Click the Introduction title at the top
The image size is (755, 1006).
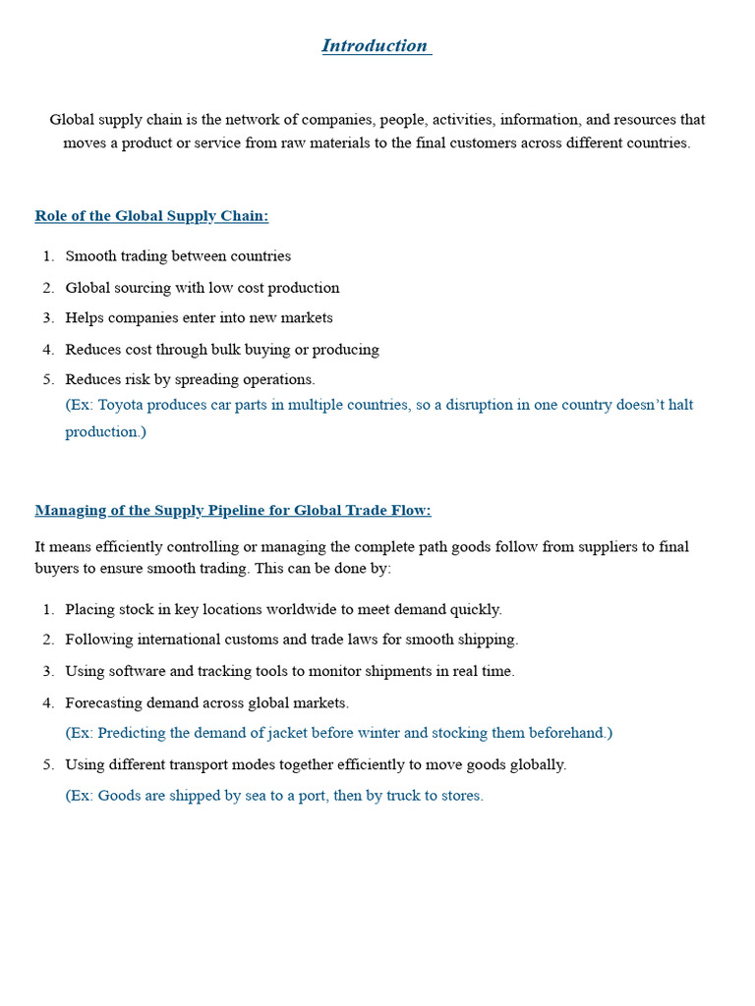tap(376, 46)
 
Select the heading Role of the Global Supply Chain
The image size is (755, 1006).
tap(151, 216)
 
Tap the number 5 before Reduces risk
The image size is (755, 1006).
tap(47, 379)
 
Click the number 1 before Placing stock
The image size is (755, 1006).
tap(47, 610)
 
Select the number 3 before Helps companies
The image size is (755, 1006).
tap(47, 318)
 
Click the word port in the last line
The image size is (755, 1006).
tap(309, 796)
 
